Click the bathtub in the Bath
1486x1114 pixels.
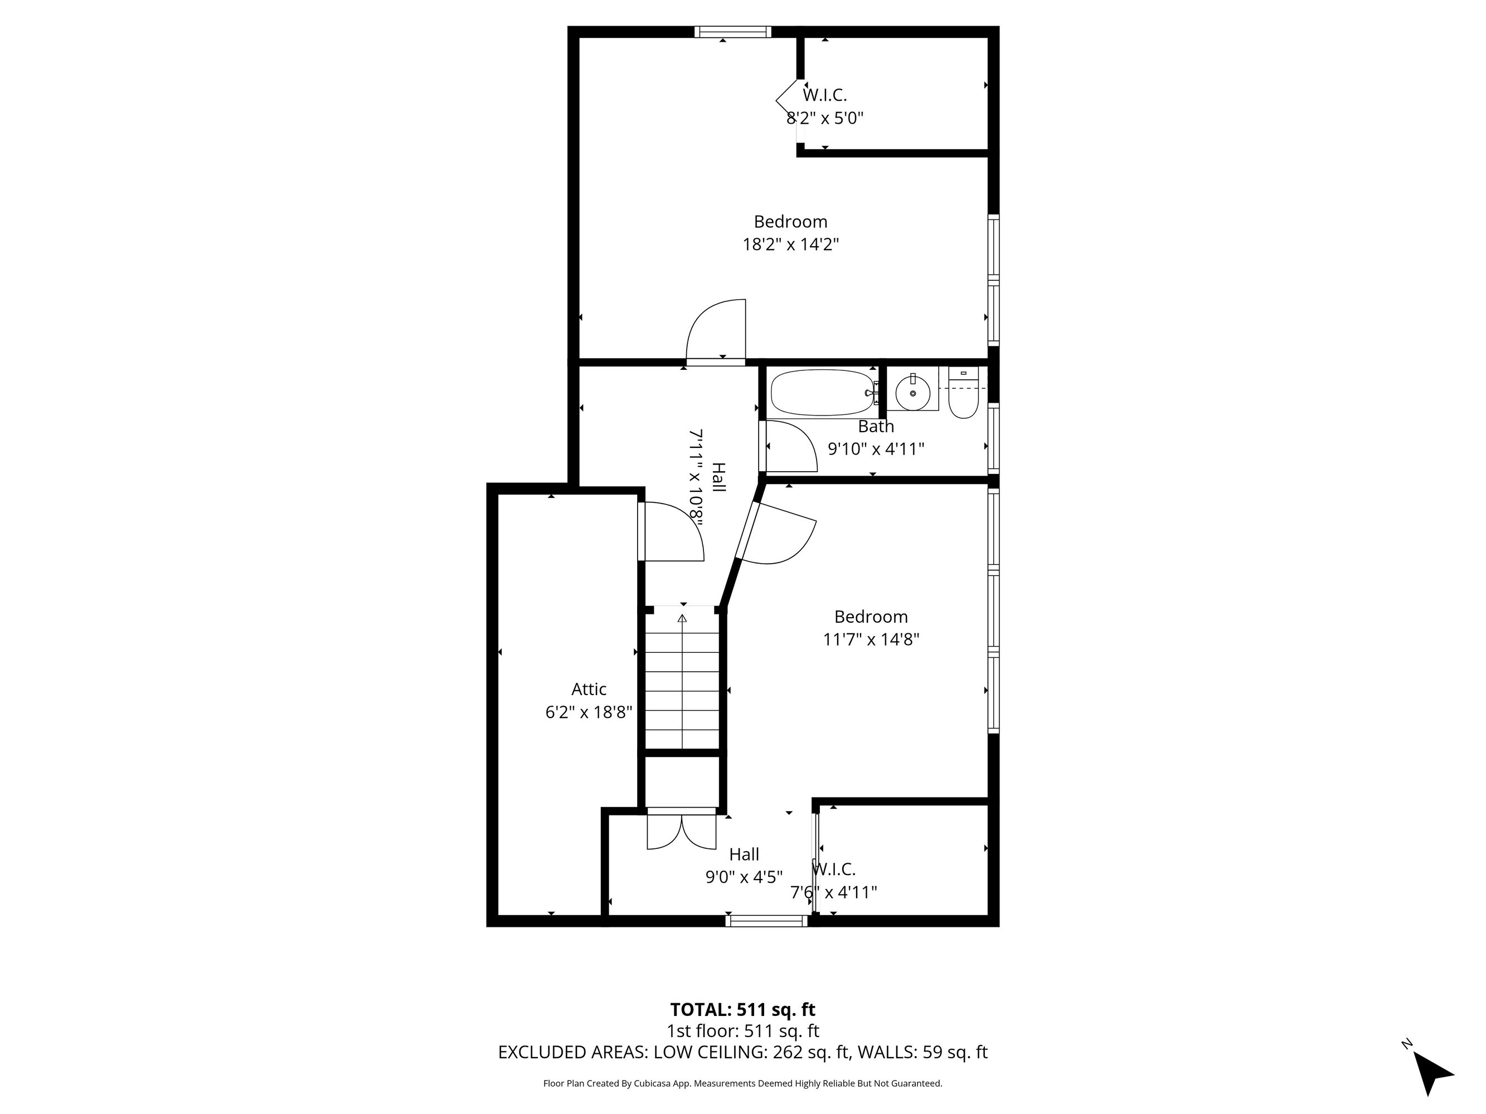[822, 392]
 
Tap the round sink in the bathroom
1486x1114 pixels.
[912, 393]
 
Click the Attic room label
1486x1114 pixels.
[589, 689]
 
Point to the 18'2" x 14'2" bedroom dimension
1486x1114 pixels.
[791, 245]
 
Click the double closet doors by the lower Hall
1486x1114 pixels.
[681, 832]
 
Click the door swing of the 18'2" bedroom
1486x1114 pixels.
[716, 330]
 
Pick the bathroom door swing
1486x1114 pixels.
[789, 446]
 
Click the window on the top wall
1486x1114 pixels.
[732, 32]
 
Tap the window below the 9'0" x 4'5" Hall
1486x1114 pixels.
[766, 921]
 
